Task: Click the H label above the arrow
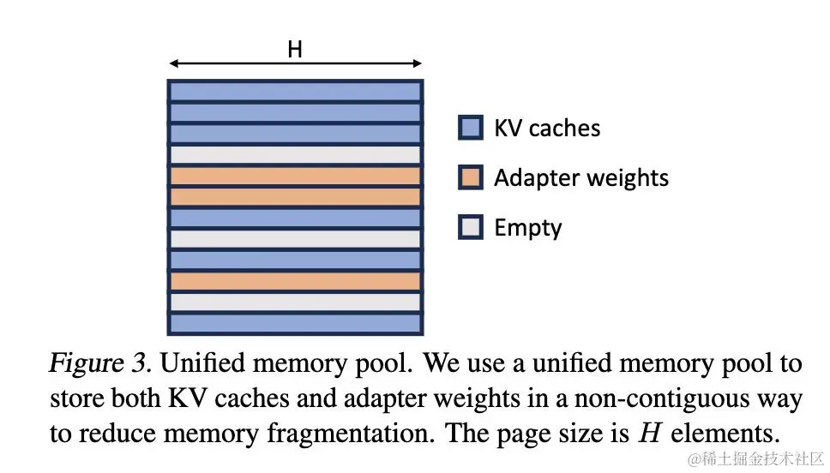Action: pyautogui.click(x=295, y=50)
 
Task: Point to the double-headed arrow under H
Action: pyautogui.click(x=295, y=63)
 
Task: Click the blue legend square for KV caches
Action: pyautogui.click(x=471, y=128)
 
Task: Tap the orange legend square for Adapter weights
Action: pyautogui.click(x=471, y=177)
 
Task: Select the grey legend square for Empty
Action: pyautogui.click(x=471, y=227)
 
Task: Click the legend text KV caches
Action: pyautogui.click(x=547, y=128)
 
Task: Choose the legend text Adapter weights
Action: pyautogui.click(x=581, y=177)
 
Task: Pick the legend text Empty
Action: pyautogui.click(x=528, y=227)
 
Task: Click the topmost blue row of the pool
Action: pyautogui.click(x=295, y=91)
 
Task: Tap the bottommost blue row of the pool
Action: pyautogui.click(x=295, y=323)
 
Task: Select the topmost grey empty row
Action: pyautogui.click(x=295, y=154)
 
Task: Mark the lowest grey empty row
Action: pyautogui.click(x=295, y=302)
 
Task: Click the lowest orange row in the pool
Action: pyautogui.click(x=295, y=281)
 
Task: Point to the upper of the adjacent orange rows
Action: pyautogui.click(x=295, y=176)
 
